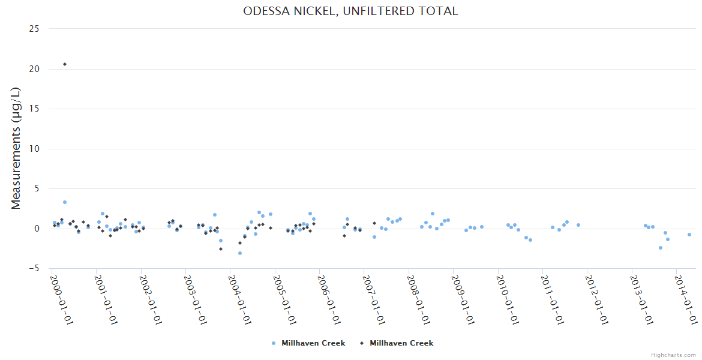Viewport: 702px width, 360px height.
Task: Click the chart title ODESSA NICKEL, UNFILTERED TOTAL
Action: coord(350,11)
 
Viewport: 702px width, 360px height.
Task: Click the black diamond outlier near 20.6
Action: coord(65,64)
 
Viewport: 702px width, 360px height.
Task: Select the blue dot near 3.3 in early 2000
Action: coord(65,202)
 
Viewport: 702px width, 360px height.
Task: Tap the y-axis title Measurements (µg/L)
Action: coord(16,148)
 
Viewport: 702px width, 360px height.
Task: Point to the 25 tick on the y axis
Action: coord(34,29)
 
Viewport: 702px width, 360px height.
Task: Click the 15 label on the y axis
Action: coord(34,109)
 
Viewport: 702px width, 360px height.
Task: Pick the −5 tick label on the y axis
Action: coord(34,269)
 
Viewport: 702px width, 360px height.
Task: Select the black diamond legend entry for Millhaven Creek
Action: coord(396,343)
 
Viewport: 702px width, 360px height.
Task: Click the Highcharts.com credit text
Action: coord(674,355)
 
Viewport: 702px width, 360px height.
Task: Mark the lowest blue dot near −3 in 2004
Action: coord(240,253)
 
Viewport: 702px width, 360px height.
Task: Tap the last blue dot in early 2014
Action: coord(689,235)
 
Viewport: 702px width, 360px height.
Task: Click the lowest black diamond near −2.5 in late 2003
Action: coord(221,249)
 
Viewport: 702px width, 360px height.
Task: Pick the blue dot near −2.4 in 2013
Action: coord(661,248)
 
